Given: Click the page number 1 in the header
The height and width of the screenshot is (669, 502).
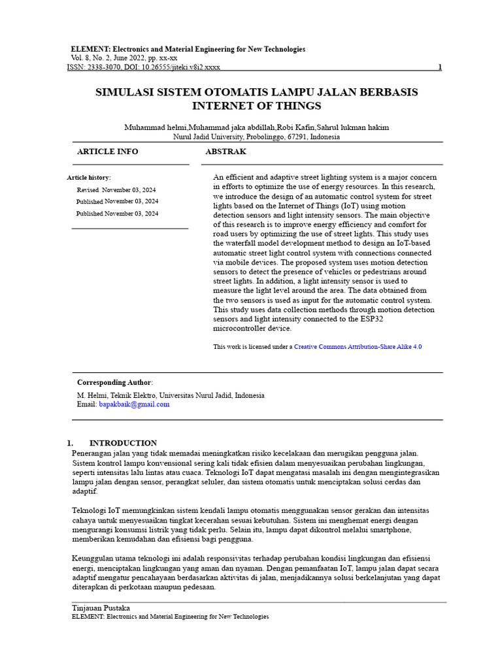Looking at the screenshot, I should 439,67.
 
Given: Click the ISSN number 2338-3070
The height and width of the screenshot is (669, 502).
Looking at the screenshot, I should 102,67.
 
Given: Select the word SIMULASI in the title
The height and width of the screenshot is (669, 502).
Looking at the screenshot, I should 128,92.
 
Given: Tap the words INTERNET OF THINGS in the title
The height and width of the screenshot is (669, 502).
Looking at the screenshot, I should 256,106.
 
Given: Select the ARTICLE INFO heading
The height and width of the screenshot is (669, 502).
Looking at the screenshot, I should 107,152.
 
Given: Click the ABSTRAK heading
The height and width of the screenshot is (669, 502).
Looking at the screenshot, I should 226,152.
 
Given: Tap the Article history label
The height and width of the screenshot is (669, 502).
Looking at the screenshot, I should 89,178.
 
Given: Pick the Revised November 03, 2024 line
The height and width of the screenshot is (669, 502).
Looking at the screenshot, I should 117,189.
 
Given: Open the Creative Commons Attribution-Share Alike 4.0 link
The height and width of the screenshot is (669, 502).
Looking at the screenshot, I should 358,347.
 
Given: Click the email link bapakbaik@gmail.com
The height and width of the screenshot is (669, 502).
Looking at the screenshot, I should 134,404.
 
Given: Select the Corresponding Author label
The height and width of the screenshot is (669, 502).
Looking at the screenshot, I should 114,382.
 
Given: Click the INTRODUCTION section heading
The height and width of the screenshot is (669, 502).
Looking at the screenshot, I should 123,443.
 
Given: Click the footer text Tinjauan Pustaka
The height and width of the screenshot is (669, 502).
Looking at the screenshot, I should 97,608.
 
